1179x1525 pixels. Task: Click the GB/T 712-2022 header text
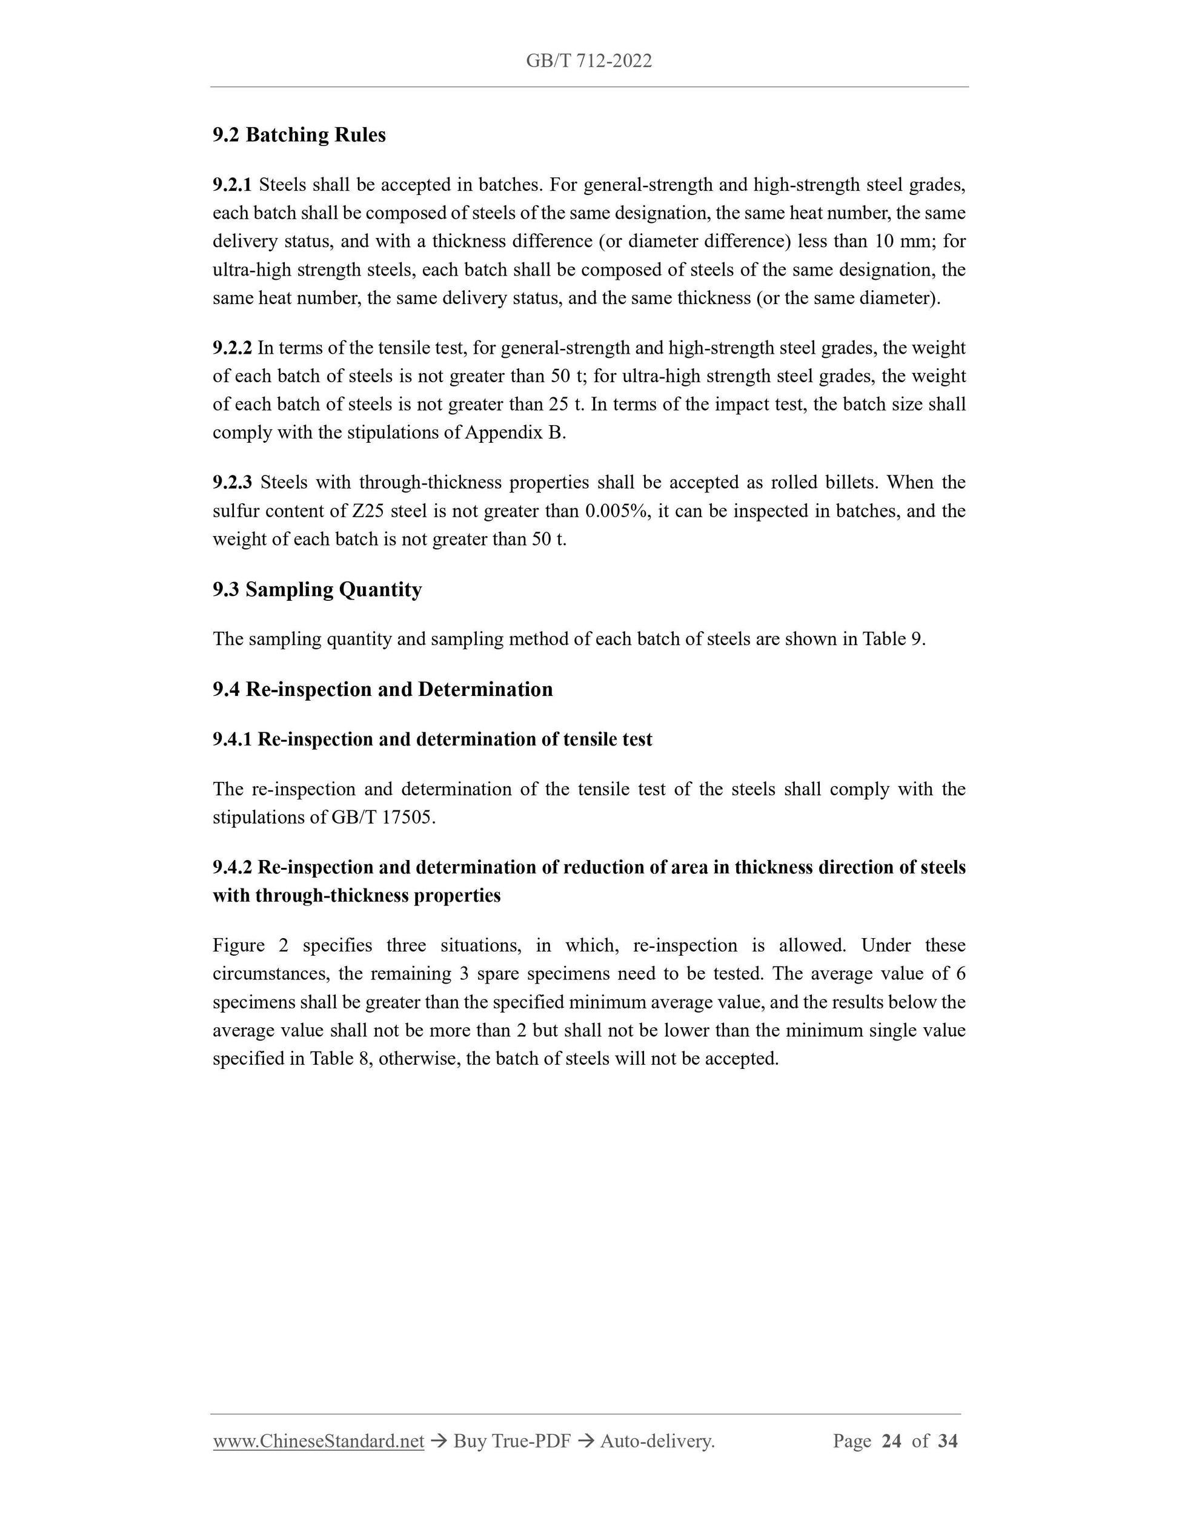[x=589, y=61]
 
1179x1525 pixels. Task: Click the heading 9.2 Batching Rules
[x=299, y=135]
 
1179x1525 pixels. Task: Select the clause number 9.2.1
[x=232, y=185]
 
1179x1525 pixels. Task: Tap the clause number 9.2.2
[x=232, y=348]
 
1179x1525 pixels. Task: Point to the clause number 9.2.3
[x=232, y=483]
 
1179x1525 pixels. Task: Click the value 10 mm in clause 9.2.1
[x=905, y=242]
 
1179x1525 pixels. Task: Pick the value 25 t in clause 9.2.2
[x=566, y=405]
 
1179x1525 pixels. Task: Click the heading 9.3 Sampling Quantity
[x=317, y=589]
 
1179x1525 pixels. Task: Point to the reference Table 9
[x=893, y=640]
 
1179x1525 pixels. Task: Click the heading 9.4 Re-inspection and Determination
[x=383, y=689]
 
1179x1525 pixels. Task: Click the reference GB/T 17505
[x=383, y=818]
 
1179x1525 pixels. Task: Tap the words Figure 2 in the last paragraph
[x=250, y=945]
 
